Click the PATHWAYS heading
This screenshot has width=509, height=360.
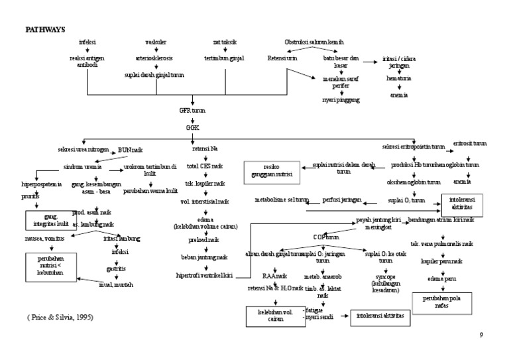point(45,29)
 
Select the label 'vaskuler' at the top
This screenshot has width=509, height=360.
point(155,43)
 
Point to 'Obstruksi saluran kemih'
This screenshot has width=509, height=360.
point(313,42)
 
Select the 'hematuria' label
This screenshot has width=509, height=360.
point(400,78)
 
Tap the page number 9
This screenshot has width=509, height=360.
point(481,335)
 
